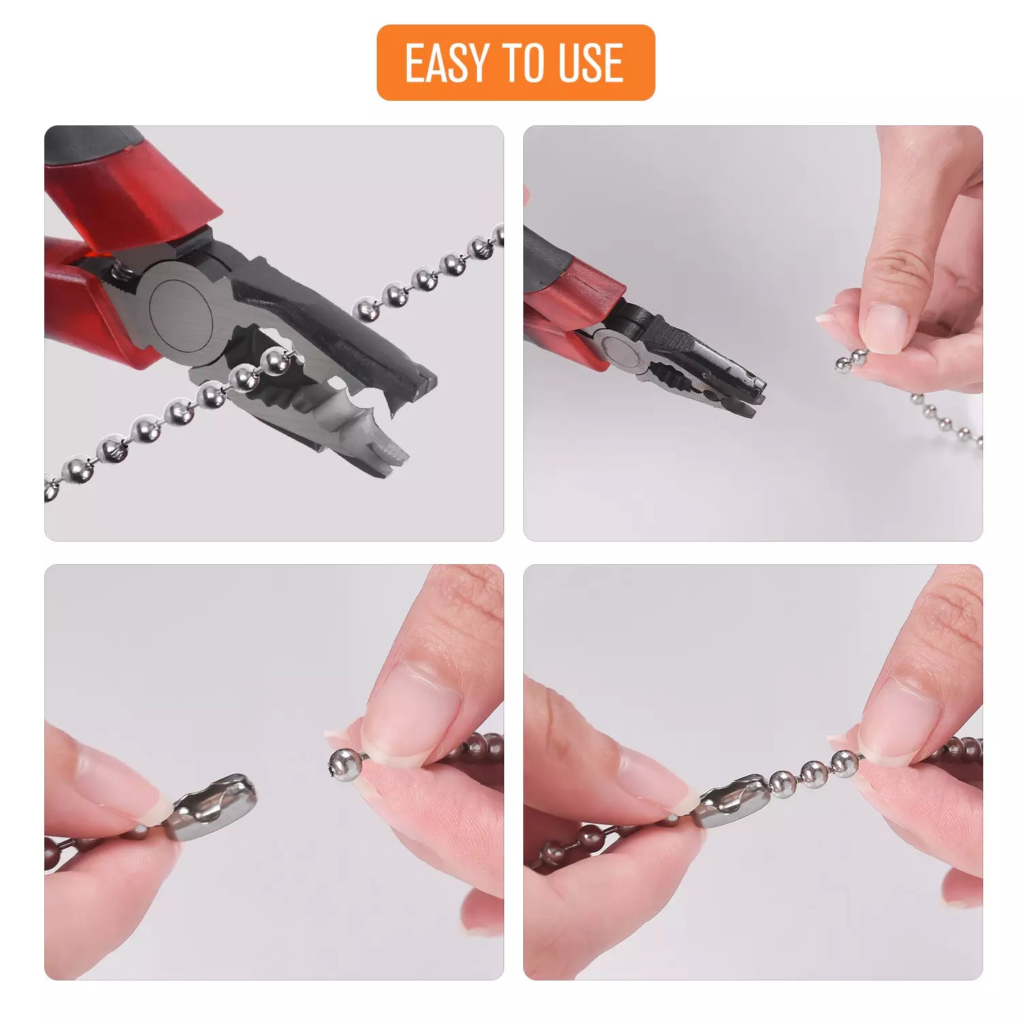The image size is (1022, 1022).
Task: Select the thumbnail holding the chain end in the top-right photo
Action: [886, 327]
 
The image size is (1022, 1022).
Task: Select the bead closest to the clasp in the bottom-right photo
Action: [784, 784]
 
